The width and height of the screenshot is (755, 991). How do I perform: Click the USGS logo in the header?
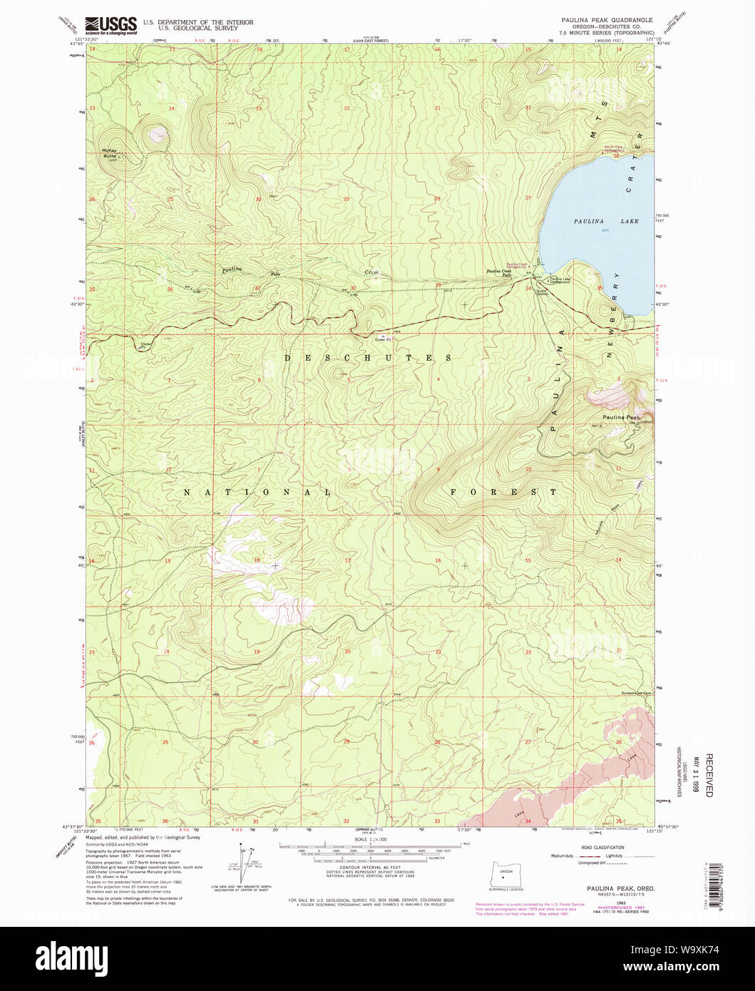pos(111,26)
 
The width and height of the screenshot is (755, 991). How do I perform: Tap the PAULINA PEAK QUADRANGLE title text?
pos(607,20)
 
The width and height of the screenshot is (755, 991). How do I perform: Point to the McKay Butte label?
pos(108,151)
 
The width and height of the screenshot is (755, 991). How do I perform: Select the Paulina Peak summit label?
pos(620,417)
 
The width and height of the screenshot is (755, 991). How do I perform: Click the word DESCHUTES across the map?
pos(368,357)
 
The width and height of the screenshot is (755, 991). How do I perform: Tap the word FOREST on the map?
pos(503,492)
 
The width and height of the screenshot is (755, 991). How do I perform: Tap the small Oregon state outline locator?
pos(505,874)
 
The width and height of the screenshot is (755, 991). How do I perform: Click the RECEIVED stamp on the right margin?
pos(708,774)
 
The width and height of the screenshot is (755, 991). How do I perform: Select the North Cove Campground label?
pos(615,149)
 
